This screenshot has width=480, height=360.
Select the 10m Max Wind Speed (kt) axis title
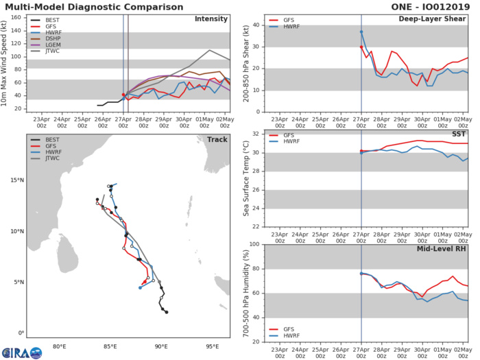coord(6,62)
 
